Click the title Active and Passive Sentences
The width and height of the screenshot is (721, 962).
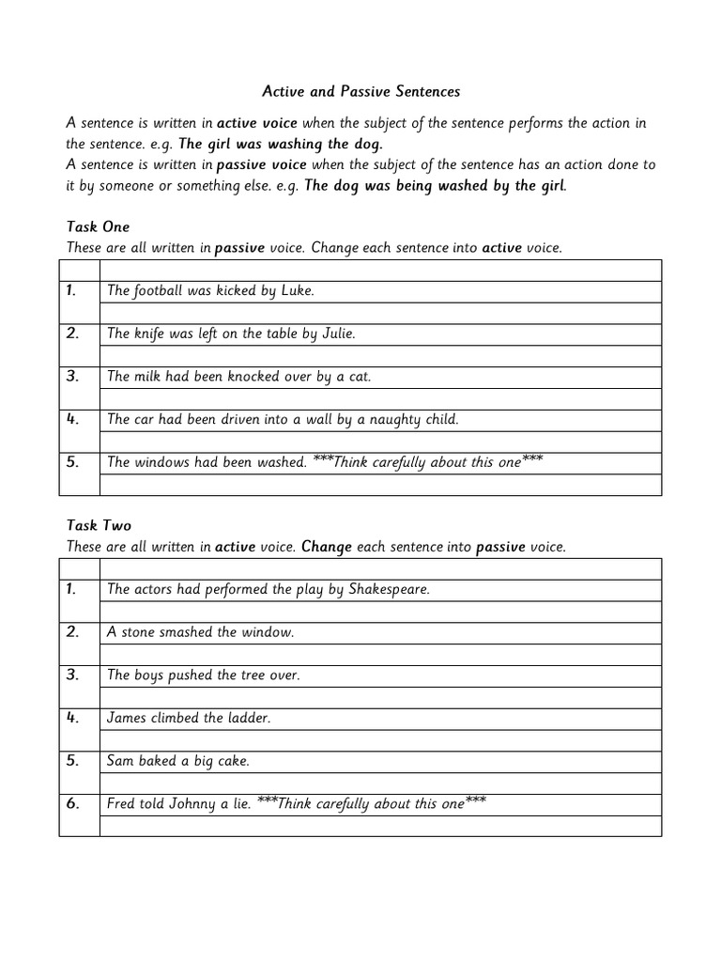point(360,92)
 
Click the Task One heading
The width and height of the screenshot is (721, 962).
point(98,226)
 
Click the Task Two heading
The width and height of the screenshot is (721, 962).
point(99,525)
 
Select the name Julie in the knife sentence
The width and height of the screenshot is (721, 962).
point(337,334)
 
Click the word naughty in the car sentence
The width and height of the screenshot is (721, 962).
point(394,420)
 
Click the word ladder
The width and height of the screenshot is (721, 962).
point(247,718)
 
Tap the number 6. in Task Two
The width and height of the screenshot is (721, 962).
point(72,803)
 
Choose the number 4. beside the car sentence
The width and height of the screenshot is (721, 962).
point(72,419)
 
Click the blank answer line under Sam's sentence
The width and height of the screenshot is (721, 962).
point(380,783)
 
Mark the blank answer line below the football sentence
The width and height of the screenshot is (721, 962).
point(380,313)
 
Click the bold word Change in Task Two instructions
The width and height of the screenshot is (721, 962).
point(325,547)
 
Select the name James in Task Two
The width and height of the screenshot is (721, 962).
point(127,718)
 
